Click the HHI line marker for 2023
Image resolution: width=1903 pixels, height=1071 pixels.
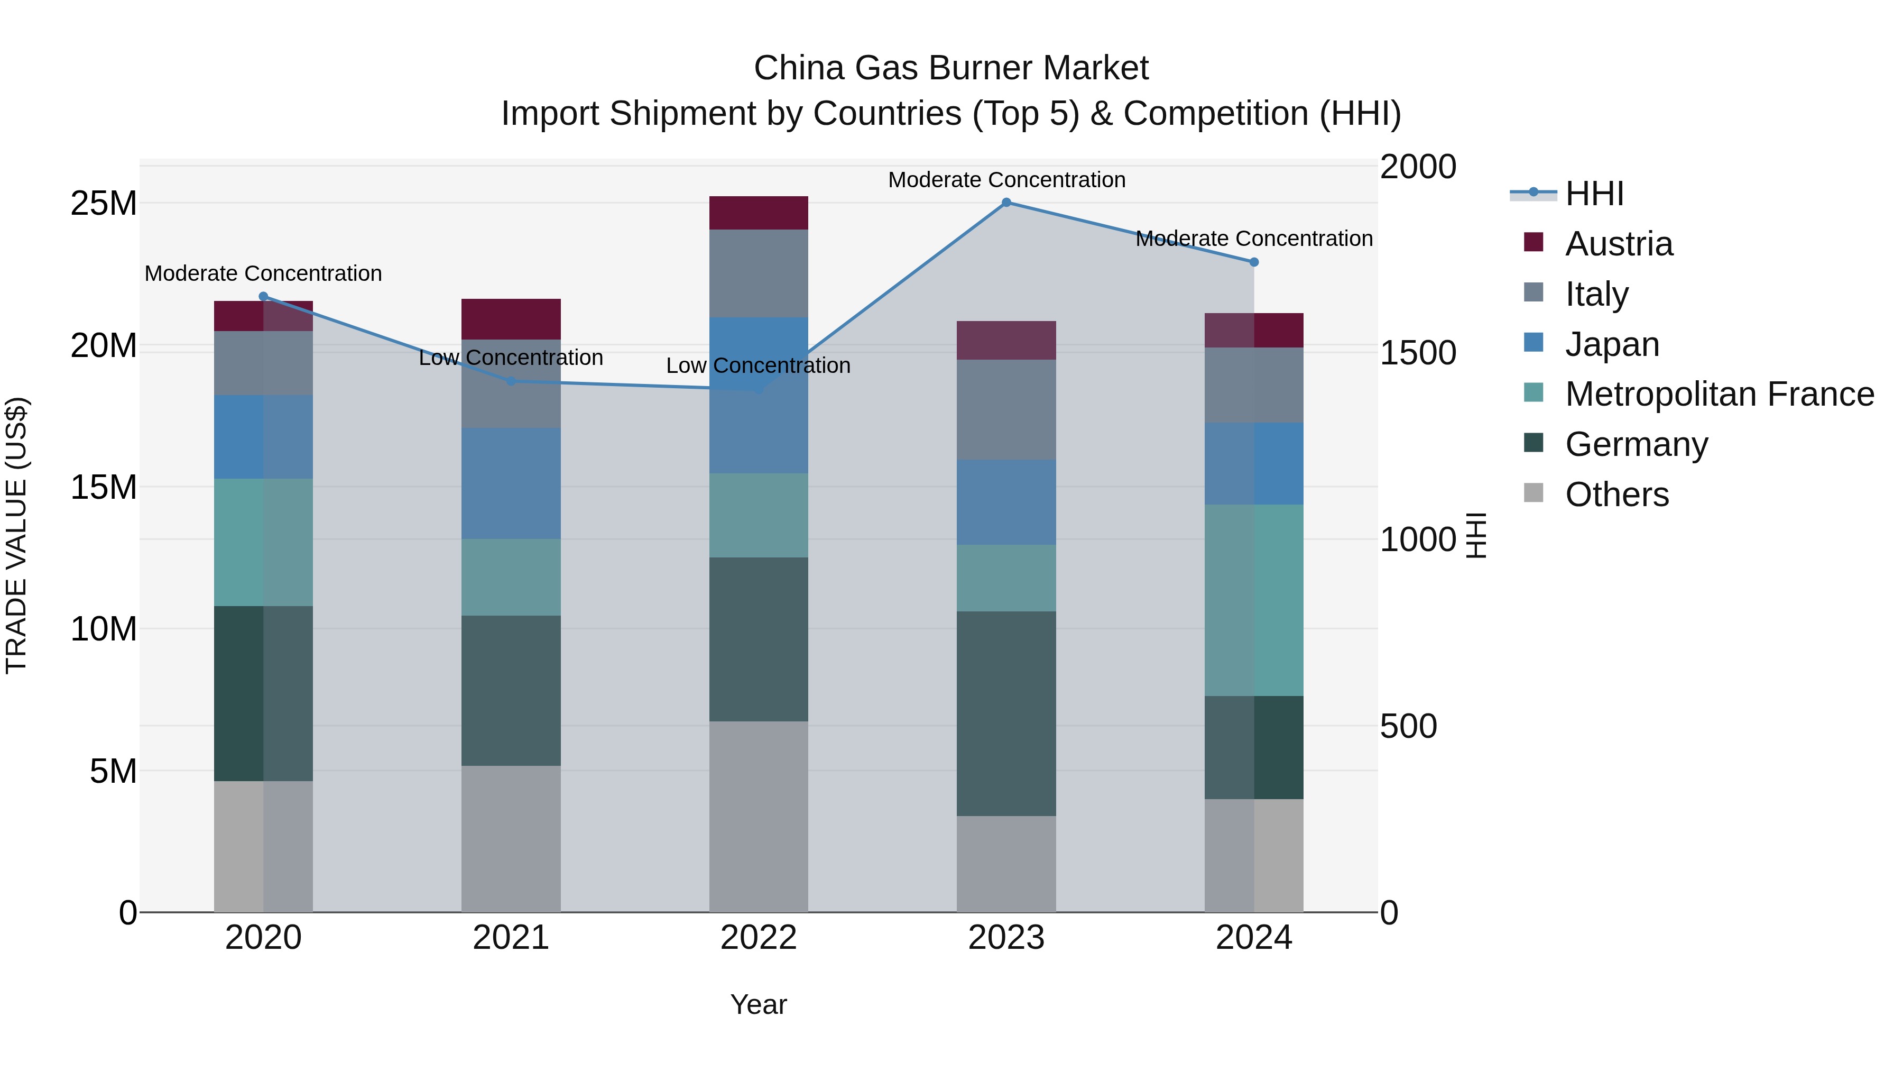pos(1006,203)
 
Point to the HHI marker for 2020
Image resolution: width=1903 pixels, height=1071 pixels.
pos(264,296)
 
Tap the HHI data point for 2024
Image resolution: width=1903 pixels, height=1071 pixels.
pos(1254,262)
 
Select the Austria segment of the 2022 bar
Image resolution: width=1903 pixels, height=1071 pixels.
pos(759,213)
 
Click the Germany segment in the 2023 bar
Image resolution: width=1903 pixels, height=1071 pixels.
pos(1006,713)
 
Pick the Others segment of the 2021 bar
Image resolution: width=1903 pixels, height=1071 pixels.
pos(511,839)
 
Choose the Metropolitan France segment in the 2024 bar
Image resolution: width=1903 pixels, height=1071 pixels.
pos(1254,600)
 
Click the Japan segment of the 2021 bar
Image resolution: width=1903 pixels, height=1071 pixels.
pos(511,483)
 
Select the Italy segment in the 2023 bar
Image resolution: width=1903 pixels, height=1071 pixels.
pos(1006,410)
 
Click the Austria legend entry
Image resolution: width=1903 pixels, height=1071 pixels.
pos(1618,244)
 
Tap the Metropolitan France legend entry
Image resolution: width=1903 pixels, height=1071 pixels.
pos(1719,395)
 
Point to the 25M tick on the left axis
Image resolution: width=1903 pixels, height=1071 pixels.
pos(104,203)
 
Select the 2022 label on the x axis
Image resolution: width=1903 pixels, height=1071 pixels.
pos(759,938)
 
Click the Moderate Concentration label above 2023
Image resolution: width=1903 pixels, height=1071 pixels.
pos(1006,180)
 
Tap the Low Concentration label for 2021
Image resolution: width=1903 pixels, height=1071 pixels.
pos(511,358)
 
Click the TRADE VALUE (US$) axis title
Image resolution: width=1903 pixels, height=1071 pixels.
pos(16,535)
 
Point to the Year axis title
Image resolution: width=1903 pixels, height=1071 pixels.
pos(759,1004)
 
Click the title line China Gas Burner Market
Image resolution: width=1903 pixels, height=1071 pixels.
pos(951,68)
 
